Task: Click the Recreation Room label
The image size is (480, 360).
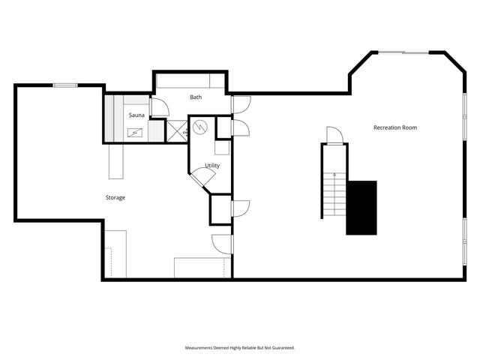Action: pyautogui.click(x=394, y=127)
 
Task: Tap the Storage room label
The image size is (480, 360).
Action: pyautogui.click(x=115, y=197)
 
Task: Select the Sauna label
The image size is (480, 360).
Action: pyautogui.click(x=136, y=115)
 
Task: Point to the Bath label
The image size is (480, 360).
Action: pyautogui.click(x=196, y=97)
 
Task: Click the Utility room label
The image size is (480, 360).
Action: pyautogui.click(x=212, y=165)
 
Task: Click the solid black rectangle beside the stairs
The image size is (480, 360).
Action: pyautogui.click(x=361, y=208)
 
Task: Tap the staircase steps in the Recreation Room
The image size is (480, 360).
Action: pyautogui.click(x=333, y=193)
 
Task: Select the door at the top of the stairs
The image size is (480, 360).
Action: pyautogui.click(x=334, y=136)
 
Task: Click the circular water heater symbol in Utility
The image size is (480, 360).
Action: pyautogui.click(x=200, y=127)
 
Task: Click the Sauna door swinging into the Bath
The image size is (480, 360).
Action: pyautogui.click(x=160, y=108)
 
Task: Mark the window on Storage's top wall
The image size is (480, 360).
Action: pyautogui.click(x=64, y=85)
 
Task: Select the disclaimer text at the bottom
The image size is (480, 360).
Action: pyautogui.click(x=240, y=348)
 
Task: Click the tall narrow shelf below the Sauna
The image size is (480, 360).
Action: pyautogui.click(x=116, y=161)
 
